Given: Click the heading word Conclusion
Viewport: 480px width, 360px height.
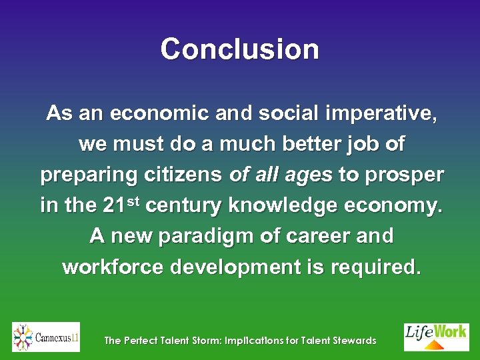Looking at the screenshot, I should (240, 49).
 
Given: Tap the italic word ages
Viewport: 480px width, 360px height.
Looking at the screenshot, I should (308, 175).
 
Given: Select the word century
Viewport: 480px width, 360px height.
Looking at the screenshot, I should (183, 205).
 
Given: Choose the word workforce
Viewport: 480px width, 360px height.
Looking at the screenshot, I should (113, 267).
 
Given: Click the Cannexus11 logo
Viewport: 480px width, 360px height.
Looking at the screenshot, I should (46, 337).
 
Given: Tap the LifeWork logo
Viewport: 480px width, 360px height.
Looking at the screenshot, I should (436, 337).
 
